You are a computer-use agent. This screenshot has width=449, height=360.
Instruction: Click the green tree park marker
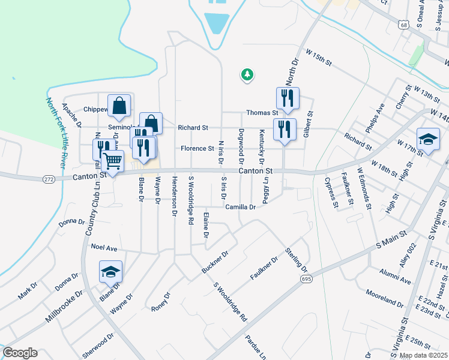click(247, 74)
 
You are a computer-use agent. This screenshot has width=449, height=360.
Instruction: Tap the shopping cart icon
click(112, 161)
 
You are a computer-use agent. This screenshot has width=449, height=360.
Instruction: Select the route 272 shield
click(49, 179)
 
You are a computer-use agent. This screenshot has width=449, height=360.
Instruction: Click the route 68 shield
click(403, 24)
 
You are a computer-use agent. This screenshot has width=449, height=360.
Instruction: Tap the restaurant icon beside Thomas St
click(288, 98)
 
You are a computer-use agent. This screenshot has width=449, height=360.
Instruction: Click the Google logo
click(20, 353)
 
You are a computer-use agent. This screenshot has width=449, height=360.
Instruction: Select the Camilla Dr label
click(241, 207)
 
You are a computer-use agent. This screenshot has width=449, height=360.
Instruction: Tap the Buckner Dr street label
click(215, 262)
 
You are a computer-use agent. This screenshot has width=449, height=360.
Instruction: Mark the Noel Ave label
click(104, 247)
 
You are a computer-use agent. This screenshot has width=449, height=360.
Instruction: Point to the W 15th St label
click(319, 58)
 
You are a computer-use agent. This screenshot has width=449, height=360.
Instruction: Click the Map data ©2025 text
click(423, 355)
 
